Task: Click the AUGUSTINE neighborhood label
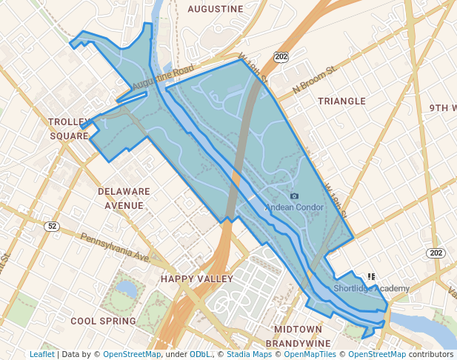(216, 9)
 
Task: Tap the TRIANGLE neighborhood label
(341, 101)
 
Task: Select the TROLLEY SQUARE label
(69, 128)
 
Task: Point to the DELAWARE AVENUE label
(124, 198)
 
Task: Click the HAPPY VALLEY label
(197, 279)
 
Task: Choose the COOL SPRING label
(103, 321)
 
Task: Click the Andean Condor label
(296, 207)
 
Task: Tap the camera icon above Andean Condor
(295, 196)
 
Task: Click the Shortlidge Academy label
(371, 288)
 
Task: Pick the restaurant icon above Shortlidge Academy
(372, 277)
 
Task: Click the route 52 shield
(50, 226)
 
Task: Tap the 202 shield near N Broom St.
(280, 56)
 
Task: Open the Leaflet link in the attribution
(41, 354)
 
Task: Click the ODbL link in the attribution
(200, 354)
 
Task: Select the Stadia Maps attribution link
(247, 354)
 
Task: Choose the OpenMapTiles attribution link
(309, 354)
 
